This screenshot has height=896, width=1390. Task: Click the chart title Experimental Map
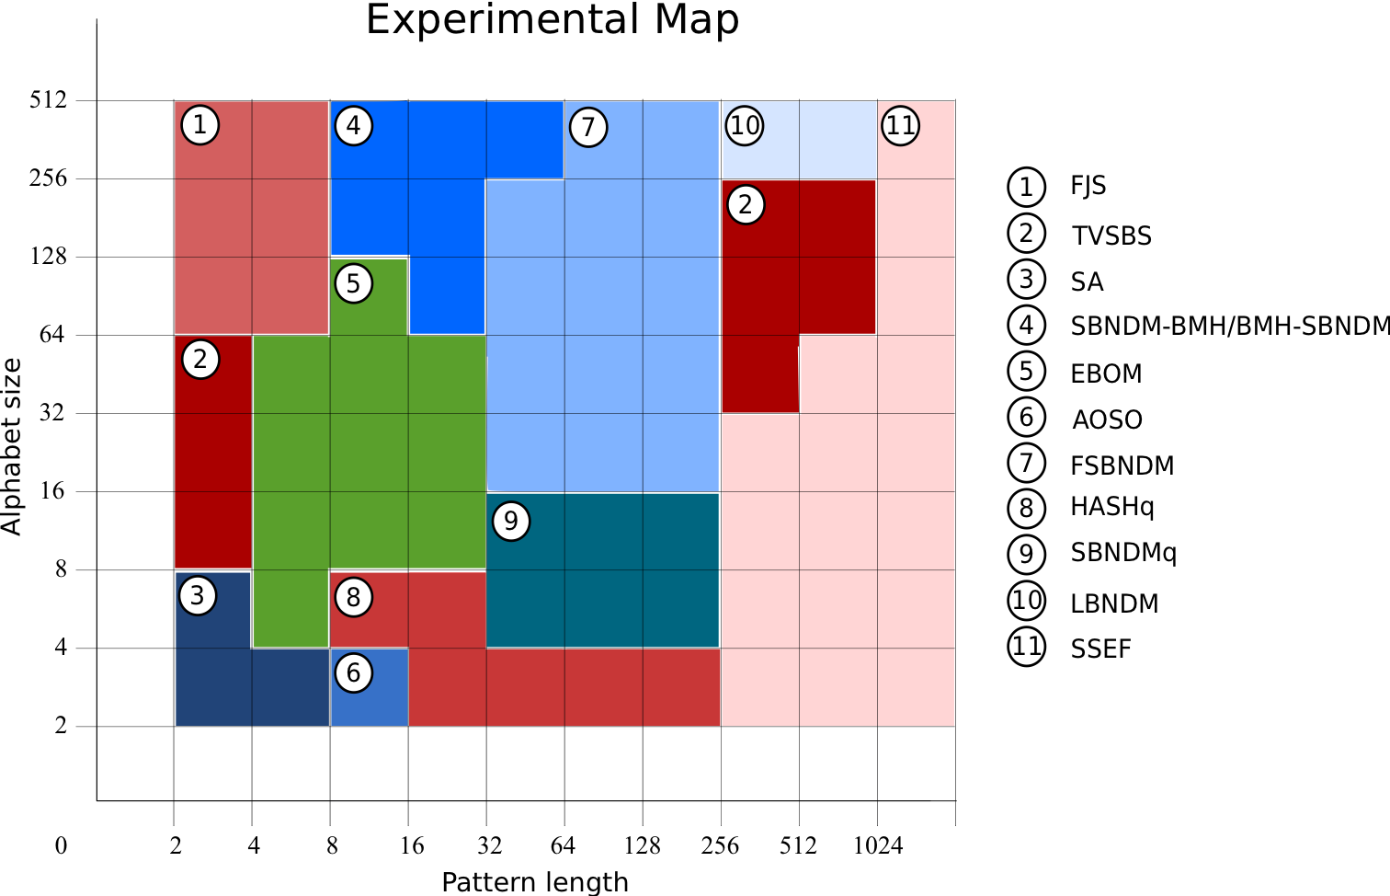tap(552, 20)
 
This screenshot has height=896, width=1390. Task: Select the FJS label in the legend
tap(1088, 187)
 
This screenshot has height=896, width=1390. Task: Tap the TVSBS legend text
tap(1111, 236)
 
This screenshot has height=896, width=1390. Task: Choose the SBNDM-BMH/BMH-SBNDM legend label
tap(1229, 326)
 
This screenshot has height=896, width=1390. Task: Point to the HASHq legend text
tap(1111, 507)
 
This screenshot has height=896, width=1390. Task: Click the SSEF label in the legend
tap(1100, 649)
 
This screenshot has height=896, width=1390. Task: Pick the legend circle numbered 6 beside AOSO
tap(1026, 418)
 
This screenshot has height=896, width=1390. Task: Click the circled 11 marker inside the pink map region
tap(900, 125)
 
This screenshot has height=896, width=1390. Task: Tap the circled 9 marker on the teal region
tap(511, 522)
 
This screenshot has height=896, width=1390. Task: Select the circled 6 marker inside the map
tap(354, 673)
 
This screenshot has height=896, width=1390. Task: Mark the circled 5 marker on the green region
tap(354, 283)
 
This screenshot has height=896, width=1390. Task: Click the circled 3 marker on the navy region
tap(198, 596)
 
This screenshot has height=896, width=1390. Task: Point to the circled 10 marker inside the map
tap(745, 125)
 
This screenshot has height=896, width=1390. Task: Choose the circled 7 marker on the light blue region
tap(588, 127)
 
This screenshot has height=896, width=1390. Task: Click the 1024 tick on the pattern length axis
tap(877, 845)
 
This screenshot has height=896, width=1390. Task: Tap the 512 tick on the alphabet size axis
tap(48, 99)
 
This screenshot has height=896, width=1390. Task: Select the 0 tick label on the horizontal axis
tap(61, 845)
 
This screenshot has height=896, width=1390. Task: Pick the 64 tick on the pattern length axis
tap(563, 845)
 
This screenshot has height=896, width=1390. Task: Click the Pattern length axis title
tap(535, 882)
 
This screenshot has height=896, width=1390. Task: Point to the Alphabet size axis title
tap(11, 447)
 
